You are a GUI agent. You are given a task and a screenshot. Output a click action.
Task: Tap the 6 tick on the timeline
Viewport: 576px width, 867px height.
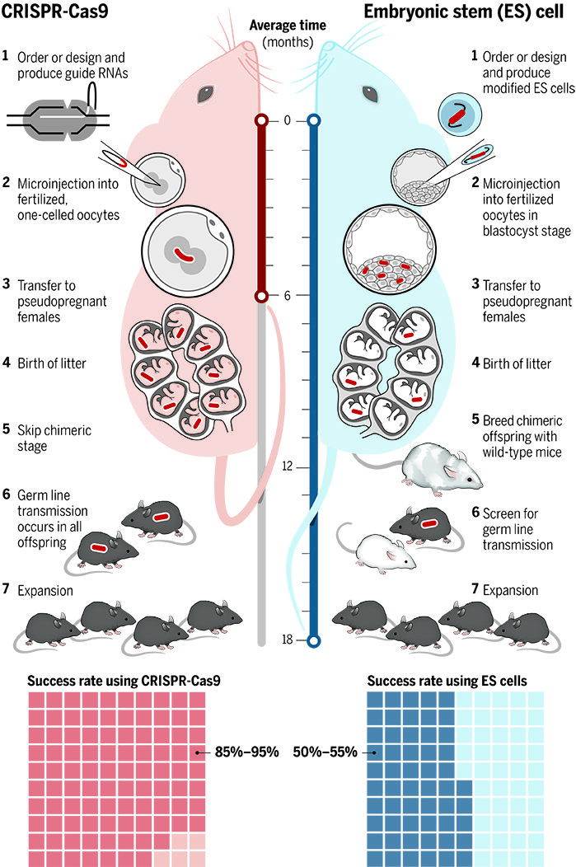tap(287, 296)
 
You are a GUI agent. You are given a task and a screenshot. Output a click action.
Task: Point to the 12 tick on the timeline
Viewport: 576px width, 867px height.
tap(287, 466)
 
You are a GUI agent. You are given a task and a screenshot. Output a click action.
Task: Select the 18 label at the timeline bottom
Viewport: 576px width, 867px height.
tap(287, 640)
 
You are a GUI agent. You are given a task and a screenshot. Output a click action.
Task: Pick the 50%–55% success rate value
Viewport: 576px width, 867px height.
tap(328, 752)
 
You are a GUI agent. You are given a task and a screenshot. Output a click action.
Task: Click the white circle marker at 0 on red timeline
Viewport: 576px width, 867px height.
tap(261, 121)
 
